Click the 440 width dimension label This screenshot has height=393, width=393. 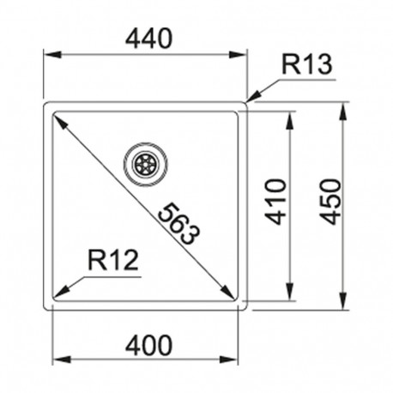tap(149, 39)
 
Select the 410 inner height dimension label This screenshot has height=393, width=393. tap(275, 202)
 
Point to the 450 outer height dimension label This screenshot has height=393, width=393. tap(330, 202)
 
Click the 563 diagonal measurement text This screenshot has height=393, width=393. tap(178, 224)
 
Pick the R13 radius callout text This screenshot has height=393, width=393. tap(307, 64)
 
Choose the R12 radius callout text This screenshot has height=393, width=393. tap(113, 260)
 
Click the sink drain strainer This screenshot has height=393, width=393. tap(146, 164)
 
